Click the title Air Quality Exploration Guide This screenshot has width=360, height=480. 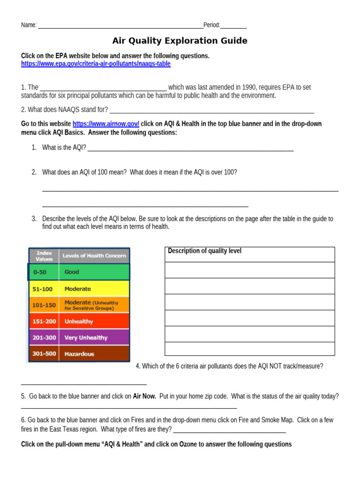click(180, 41)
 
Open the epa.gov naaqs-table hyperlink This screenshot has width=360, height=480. click(96, 64)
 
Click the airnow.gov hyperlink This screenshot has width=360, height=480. click(105, 124)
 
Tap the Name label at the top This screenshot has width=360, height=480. click(29, 25)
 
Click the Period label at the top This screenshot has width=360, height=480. click(211, 25)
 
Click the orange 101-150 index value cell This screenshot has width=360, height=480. click(44, 305)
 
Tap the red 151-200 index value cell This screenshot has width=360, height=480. click(44, 322)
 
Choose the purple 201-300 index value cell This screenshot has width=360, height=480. click(44, 337)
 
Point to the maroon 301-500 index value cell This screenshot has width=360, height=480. click(44, 354)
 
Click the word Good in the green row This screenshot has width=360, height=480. click(72, 272)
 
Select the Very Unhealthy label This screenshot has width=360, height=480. click(86, 337)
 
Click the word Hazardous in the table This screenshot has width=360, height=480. click(79, 354)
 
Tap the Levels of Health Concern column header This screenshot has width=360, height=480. click(94, 255)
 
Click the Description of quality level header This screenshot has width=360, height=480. click(205, 251)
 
